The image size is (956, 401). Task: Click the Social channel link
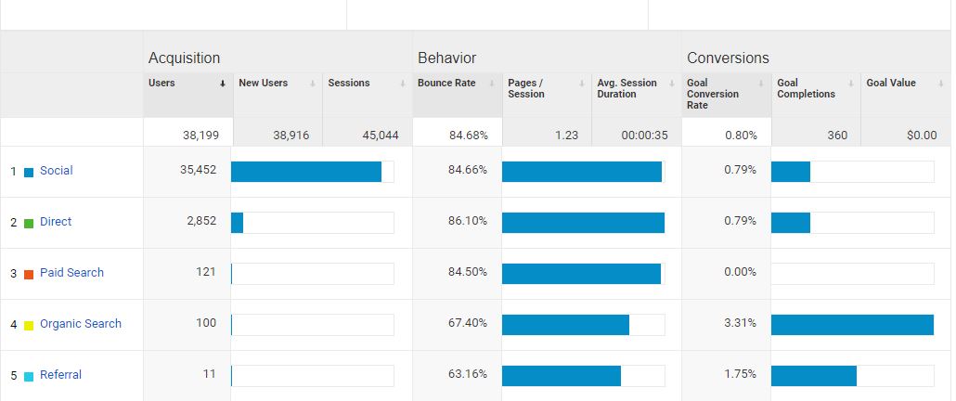pyautogui.click(x=56, y=171)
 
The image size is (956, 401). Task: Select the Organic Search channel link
pyautogui.click(x=80, y=324)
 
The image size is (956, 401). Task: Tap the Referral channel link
pyautogui.click(x=60, y=375)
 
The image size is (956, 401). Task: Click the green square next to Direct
pyautogui.click(x=29, y=223)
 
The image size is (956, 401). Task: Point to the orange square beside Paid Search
pyautogui.click(x=29, y=274)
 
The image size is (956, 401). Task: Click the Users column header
pyautogui.click(x=162, y=84)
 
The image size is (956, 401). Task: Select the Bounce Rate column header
pyautogui.click(x=446, y=84)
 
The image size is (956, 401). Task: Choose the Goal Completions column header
pyautogui.click(x=806, y=88)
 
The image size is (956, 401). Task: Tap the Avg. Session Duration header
pyautogui.click(x=627, y=88)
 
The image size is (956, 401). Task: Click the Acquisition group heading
pyautogui.click(x=184, y=58)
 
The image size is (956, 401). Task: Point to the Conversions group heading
pyautogui.click(x=728, y=58)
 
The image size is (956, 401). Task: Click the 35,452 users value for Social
pyautogui.click(x=198, y=171)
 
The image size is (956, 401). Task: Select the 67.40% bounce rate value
pyautogui.click(x=468, y=324)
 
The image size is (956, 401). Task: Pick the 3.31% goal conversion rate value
pyautogui.click(x=740, y=324)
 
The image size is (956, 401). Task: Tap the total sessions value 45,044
pyautogui.click(x=381, y=136)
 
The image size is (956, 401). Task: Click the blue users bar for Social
pyautogui.click(x=306, y=172)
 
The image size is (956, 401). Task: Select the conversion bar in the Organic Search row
pyautogui.click(x=852, y=325)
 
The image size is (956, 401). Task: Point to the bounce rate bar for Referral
pyautogui.click(x=562, y=376)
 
